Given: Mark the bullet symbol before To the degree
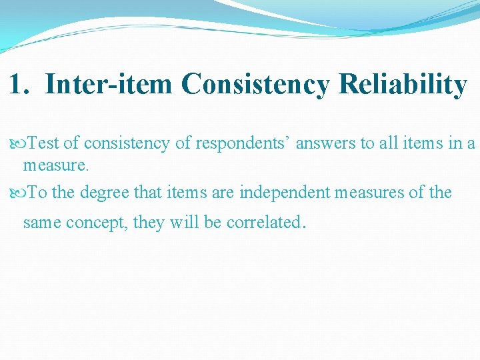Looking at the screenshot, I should click(16, 193).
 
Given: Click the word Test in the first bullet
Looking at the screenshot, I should click(44, 143).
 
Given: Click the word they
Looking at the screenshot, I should click(149, 222).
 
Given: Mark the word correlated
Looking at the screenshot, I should click(263, 222).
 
